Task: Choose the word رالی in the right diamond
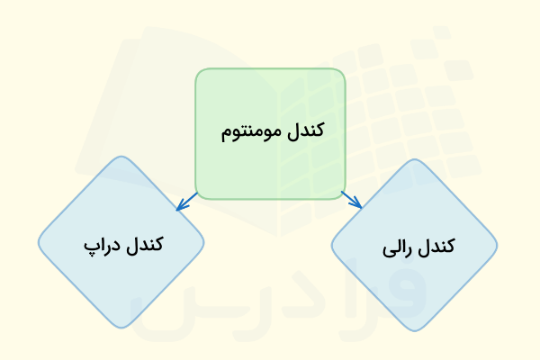pyautogui.click(x=399, y=247)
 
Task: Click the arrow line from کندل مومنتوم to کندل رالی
pyautogui.click(x=351, y=199)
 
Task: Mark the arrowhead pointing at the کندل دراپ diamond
pyautogui.click(x=180, y=207)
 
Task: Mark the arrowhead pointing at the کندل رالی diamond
pyautogui.click(x=358, y=205)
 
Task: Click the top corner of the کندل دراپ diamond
pyautogui.click(x=121, y=158)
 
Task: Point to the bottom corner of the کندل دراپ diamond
pyautogui.click(x=121, y=328)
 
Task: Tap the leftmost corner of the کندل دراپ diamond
pyautogui.click(x=39, y=243)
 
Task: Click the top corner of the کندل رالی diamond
pyautogui.click(x=414, y=160)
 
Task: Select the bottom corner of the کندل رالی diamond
pyautogui.click(x=414, y=329)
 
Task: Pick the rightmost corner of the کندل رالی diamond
pyautogui.click(x=497, y=245)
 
